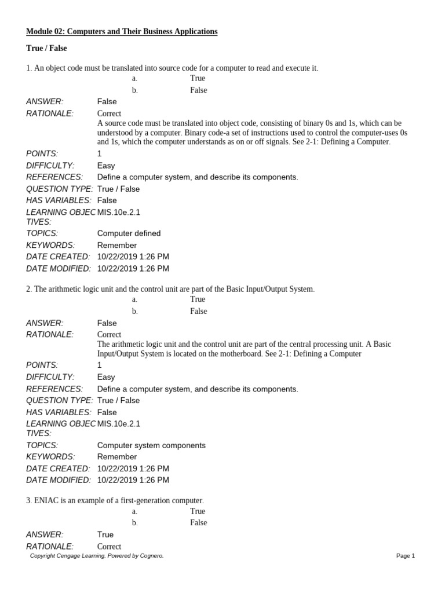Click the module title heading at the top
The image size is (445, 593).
point(122,31)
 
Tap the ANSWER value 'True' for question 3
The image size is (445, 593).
point(105,535)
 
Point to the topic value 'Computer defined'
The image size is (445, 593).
point(129,233)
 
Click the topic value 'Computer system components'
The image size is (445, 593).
point(151,445)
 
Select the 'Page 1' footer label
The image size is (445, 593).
point(406,556)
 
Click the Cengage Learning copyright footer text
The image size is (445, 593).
point(97,556)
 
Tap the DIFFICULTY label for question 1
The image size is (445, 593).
point(50,166)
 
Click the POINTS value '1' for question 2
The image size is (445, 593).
point(100,365)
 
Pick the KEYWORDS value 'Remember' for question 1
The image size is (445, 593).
point(117,246)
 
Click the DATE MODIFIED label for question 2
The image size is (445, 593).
point(59,480)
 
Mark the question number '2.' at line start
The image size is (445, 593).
point(30,289)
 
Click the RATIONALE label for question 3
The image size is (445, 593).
point(50,547)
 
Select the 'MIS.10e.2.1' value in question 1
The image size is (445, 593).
point(119,212)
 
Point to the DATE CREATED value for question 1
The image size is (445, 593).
point(133,257)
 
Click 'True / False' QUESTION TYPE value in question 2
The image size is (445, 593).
point(118,401)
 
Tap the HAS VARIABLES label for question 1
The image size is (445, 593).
point(59,200)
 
